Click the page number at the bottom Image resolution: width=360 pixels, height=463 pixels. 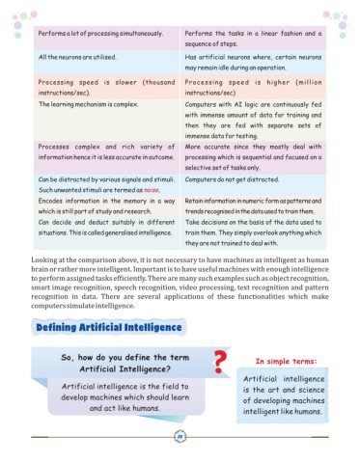tap(180, 439)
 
